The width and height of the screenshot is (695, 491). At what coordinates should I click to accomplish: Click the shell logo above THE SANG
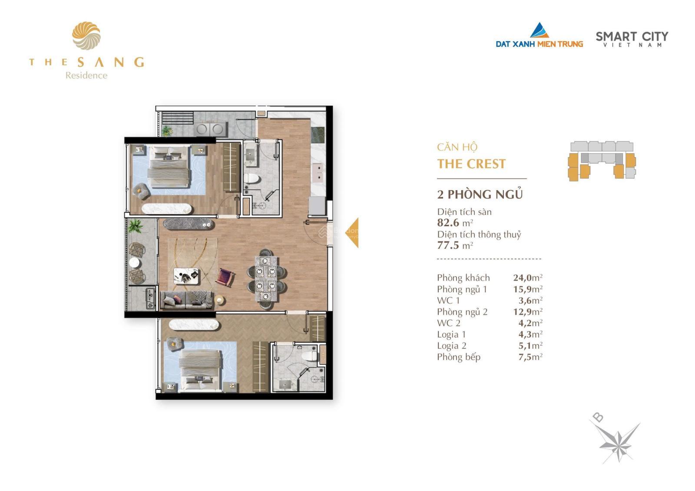pyautogui.click(x=86, y=36)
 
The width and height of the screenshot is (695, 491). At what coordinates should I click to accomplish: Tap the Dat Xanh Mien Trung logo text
pyautogui.click(x=539, y=43)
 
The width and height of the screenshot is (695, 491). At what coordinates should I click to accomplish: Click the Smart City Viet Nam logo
pyautogui.click(x=632, y=39)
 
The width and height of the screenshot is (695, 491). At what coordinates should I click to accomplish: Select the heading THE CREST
pyautogui.click(x=471, y=164)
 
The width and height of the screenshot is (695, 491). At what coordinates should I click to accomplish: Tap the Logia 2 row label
pyautogui.click(x=451, y=346)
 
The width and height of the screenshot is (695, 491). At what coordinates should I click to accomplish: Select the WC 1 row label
pyautogui.click(x=448, y=300)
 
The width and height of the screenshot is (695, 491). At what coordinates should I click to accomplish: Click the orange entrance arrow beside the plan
pyautogui.click(x=353, y=233)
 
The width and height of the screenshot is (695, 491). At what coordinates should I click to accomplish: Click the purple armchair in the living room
pyautogui.click(x=225, y=277)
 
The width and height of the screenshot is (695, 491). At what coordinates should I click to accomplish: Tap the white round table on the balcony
pyautogui.click(x=135, y=263)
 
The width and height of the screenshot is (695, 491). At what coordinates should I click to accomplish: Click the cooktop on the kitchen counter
pyautogui.click(x=318, y=135)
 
